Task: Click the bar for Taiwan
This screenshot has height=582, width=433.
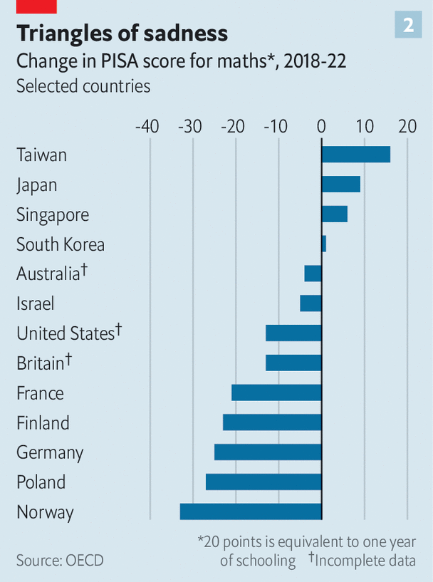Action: (x=355, y=155)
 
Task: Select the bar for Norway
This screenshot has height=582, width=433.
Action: (x=251, y=511)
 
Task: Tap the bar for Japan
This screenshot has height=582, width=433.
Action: (x=340, y=185)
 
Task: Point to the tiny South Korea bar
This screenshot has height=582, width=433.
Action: (x=324, y=244)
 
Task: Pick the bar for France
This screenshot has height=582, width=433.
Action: (x=276, y=393)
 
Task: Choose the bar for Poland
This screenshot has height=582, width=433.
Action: (x=264, y=482)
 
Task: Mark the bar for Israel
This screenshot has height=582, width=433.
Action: (x=311, y=303)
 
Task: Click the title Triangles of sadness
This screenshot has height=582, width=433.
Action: (x=122, y=33)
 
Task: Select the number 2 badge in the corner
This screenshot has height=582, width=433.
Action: (x=408, y=25)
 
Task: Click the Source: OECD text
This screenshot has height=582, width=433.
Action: (x=60, y=560)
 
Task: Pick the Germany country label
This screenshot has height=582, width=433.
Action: (x=50, y=452)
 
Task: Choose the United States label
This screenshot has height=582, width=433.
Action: (x=66, y=333)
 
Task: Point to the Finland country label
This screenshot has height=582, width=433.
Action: (x=43, y=422)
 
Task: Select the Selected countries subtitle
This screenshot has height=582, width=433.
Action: (x=83, y=86)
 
